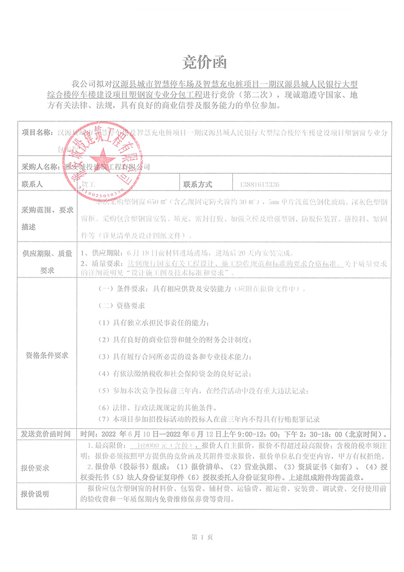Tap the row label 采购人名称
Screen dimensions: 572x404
click(40, 166)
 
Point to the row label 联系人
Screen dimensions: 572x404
click(31, 184)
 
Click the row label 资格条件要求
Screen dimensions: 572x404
click(47, 355)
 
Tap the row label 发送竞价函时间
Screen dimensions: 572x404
click(47, 434)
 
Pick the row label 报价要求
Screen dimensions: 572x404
click(35, 468)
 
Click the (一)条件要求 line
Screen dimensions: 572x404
click(202, 290)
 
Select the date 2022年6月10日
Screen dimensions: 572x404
click(130, 434)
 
